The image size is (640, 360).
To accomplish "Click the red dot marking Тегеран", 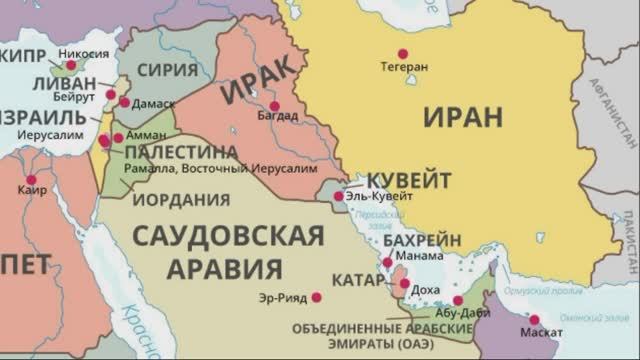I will (x=403, y=54).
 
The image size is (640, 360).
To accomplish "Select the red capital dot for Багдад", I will (x=274, y=105).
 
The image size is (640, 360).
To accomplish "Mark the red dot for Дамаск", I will (x=124, y=102).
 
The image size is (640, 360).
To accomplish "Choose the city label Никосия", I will (x=83, y=53).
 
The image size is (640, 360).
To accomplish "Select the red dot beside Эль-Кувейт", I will (x=339, y=197).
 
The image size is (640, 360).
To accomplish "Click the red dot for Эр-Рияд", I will (x=316, y=296).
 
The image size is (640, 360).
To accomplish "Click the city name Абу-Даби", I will (x=457, y=313).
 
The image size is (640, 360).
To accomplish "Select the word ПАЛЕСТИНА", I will (x=181, y=152).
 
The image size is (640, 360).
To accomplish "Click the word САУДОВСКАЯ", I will (x=228, y=237).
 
